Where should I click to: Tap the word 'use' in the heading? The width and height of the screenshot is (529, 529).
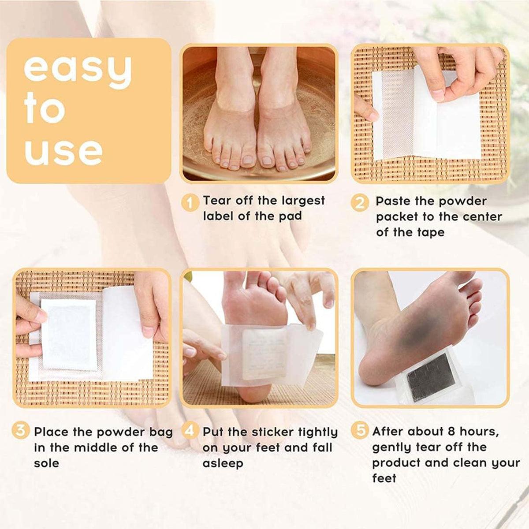pos(63,151)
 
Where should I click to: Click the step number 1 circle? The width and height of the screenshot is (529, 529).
pos(190,203)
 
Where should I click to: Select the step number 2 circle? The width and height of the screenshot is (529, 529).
pos(360,203)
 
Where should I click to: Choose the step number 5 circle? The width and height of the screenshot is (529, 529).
pos(360,431)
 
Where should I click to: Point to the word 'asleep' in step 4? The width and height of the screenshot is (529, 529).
pos(223,464)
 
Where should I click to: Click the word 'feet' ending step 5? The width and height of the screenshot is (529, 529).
pos(384,479)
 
